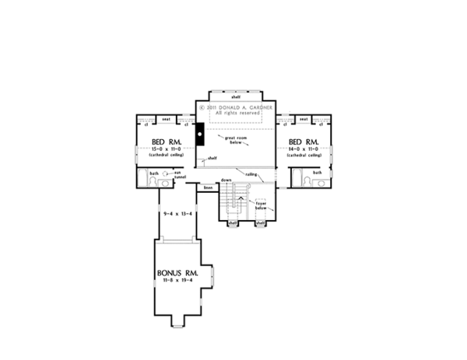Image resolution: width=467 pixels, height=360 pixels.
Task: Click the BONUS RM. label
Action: pos(177,274)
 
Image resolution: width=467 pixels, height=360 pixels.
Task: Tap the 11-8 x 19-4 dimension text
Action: pos(177,283)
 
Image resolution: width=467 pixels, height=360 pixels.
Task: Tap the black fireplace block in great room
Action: pos(199,135)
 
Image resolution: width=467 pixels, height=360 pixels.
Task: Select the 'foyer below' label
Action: pos(262,205)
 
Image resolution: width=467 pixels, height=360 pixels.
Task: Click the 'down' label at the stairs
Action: pos(226,179)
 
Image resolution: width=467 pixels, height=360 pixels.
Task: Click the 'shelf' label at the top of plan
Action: pos(235,96)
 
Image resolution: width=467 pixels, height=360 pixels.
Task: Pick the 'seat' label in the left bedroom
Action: pos(165,119)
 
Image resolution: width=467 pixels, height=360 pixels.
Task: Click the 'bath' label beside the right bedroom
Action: pos(317,173)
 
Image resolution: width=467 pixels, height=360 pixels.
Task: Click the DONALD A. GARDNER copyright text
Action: pos(236,107)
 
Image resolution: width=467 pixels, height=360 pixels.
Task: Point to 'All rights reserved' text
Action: pos(236,114)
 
